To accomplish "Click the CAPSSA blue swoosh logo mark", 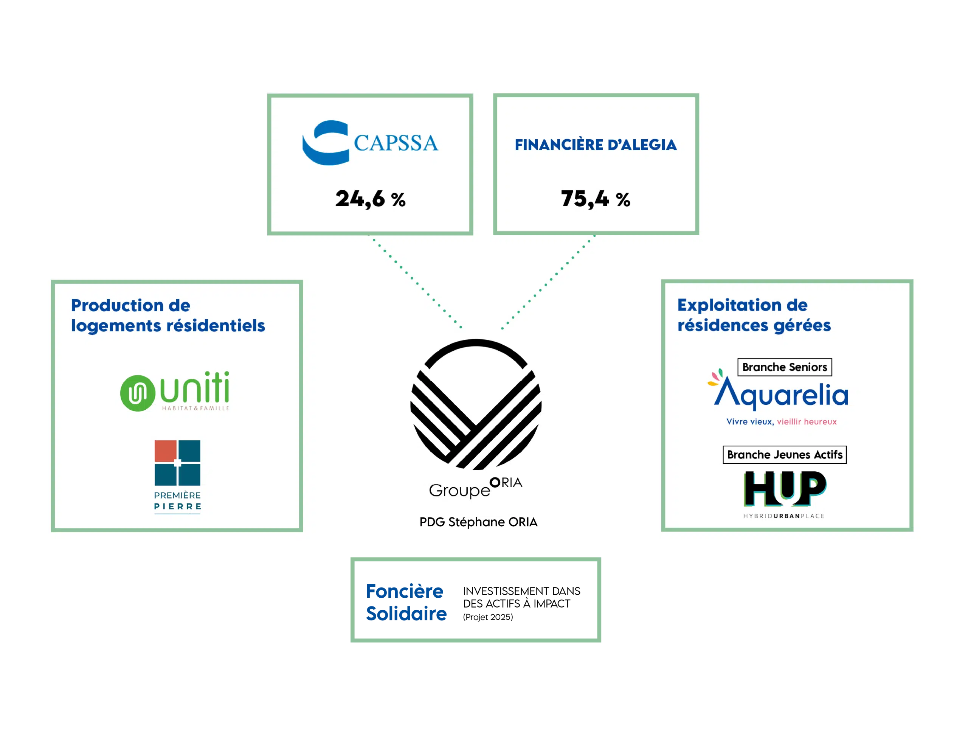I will (x=325, y=143).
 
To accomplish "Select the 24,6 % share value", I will (x=370, y=199).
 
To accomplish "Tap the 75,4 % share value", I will (x=595, y=199).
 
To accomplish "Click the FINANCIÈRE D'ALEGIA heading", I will (x=595, y=145).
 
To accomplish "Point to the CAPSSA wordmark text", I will (x=396, y=143).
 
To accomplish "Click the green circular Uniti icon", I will (x=137, y=393).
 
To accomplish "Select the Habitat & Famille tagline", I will (x=195, y=408).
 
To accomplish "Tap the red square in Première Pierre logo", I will (x=165, y=451).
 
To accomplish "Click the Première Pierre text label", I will (x=177, y=501).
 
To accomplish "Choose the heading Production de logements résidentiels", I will (x=168, y=315).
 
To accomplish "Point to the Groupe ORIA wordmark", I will (x=476, y=488).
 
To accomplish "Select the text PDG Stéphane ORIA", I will (x=478, y=522).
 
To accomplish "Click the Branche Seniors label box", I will (x=784, y=367).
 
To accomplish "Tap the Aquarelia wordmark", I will (x=781, y=394).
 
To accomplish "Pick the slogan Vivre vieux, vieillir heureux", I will (x=781, y=421).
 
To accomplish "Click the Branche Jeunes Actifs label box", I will (x=784, y=454).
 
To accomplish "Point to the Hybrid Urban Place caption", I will (x=783, y=516).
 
